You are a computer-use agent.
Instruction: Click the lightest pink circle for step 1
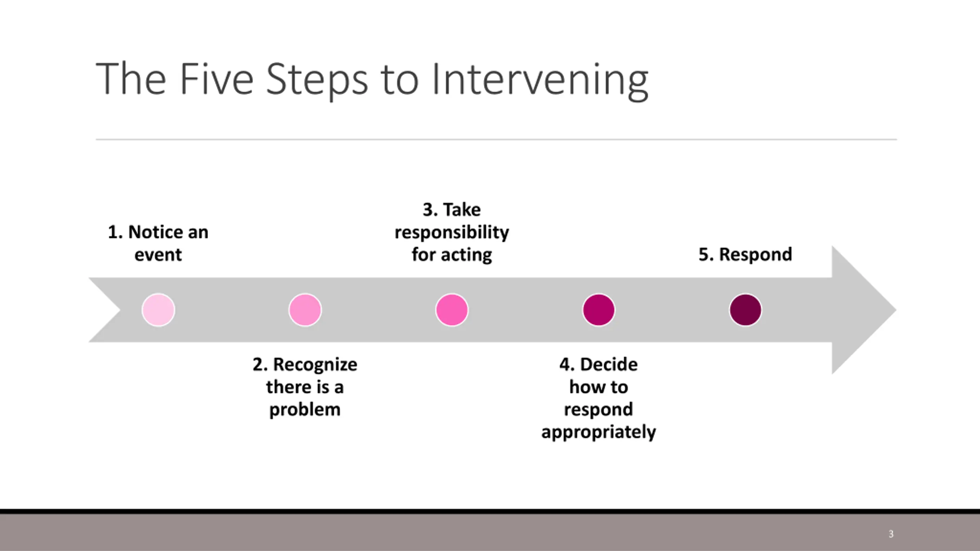click(x=158, y=310)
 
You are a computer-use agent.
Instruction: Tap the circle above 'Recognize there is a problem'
click(x=305, y=310)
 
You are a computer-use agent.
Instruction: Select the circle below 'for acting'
click(x=452, y=310)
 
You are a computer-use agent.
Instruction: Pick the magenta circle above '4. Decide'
click(x=599, y=310)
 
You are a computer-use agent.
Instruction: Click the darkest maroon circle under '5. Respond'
click(x=745, y=310)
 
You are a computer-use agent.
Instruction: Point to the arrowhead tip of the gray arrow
click(x=896, y=310)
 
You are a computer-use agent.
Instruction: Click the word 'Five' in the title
click(x=216, y=79)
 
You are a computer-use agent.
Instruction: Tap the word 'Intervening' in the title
click(x=540, y=80)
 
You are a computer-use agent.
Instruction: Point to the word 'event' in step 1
click(x=158, y=255)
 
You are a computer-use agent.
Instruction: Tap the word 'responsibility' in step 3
click(x=452, y=233)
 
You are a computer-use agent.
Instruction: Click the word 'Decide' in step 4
click(x=609, y=364)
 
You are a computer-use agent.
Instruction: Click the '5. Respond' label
click(x=745, y=255)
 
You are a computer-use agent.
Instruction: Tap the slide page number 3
click(x=891, y=534)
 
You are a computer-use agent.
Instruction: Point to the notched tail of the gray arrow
click(x=121, y=310)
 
